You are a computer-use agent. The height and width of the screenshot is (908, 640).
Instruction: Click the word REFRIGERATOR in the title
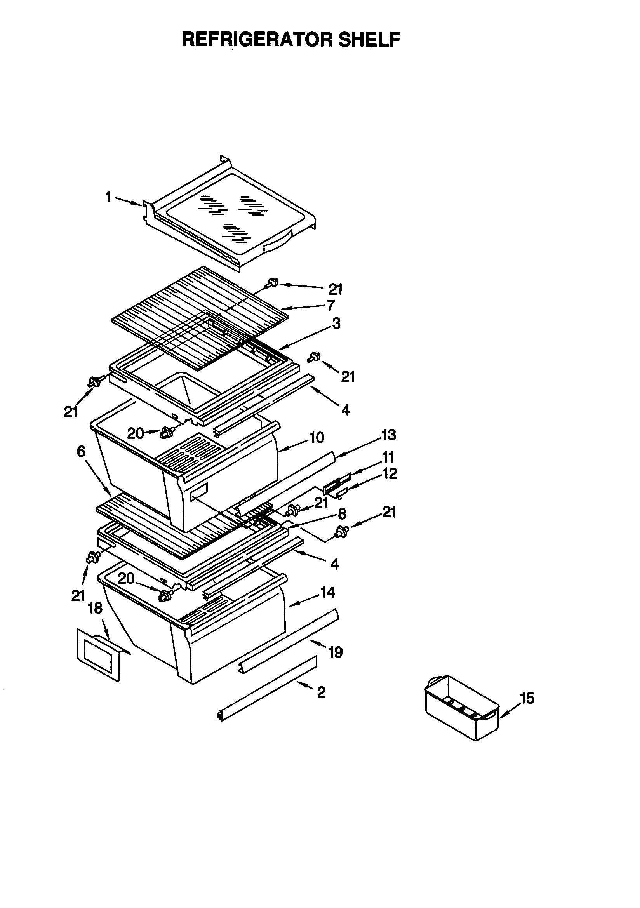click(257, 40)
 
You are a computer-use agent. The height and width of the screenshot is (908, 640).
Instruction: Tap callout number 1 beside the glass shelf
click(108, 197)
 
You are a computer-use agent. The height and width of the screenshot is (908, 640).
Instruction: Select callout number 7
click(331, 305)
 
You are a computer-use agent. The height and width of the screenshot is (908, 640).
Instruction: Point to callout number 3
click(336, 324)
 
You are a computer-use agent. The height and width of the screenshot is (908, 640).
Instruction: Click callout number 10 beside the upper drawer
click(317, 437)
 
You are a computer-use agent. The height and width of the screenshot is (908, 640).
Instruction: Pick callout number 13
click(388, 435)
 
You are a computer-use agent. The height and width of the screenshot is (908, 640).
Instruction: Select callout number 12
click(390, 473)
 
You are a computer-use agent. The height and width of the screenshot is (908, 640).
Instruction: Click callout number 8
click(342, 514)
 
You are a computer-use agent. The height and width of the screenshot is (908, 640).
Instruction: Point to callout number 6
click(81, 451)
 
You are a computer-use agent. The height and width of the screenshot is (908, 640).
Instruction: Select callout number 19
click(336, 652)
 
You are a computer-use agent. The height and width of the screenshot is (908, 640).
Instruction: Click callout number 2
click(321, 692)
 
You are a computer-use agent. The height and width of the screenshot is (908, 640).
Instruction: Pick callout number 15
click(527, 698)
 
